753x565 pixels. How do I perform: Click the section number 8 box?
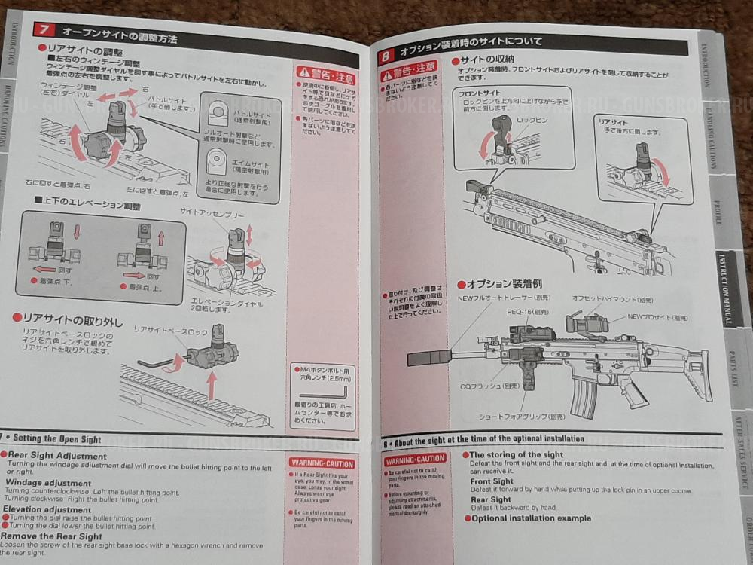click(x=386, y=55)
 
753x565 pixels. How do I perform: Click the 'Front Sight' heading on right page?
click(x=492, y=481)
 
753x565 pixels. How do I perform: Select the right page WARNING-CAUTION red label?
click(x=416, y=459)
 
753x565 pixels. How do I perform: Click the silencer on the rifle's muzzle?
click(x=429, y=358)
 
